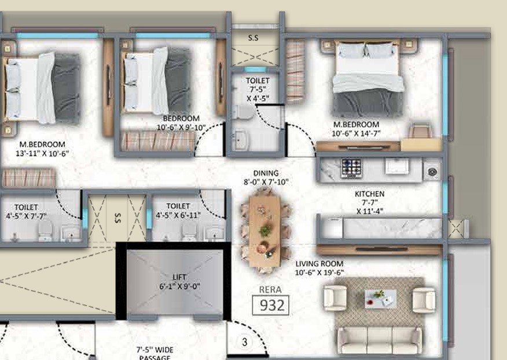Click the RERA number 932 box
[271, 305]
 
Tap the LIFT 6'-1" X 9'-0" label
[179, 282]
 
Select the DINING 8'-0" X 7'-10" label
[266, 178]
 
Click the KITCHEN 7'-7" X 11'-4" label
[370, 203]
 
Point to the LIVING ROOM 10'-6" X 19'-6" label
[319, 268]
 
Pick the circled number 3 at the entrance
[244, 342]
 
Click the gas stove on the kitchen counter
[351, 168]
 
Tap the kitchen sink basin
[396, 166]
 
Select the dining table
[265, 232]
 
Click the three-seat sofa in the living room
[380, 340]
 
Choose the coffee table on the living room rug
[381, 299]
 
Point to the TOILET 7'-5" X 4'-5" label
[258, 89]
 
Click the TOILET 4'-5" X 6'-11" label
[178, 211]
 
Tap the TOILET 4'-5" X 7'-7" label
[26, 211]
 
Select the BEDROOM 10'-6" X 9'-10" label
[181, 123]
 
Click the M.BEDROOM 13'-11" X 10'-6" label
[42, 149]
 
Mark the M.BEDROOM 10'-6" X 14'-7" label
[357, 128]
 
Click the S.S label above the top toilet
[253, 38]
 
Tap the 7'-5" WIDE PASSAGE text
[155, 354]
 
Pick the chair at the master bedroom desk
[420, 131]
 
